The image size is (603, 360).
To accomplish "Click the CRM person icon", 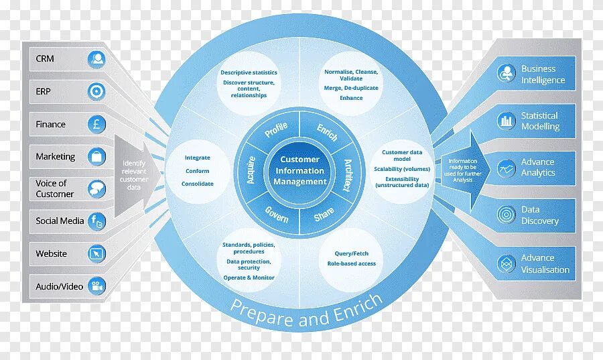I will point(96,59).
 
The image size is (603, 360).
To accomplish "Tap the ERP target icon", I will point(96,91).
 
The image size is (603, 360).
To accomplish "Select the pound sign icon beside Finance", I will point(96,124).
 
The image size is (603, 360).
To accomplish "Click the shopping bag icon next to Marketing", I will point(96,157).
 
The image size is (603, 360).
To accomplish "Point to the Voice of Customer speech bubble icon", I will point(96,189).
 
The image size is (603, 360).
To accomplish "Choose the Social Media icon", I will point(96,221).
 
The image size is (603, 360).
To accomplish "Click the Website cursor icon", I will point(96,253).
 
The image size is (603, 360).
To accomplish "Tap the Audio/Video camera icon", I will point(96,286).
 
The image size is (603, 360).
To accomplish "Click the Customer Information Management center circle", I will point(299,170).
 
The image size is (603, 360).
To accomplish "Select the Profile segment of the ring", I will point(275,129).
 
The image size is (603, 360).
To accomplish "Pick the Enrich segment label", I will point(327,131).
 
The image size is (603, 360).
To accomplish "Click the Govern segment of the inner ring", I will point(276,214).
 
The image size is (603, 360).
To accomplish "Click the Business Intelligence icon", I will point(507,74).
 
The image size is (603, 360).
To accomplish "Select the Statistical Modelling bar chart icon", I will point(507,121).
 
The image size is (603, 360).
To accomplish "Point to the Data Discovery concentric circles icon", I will point(507,215).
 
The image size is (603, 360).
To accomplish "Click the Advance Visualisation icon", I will point(507,263).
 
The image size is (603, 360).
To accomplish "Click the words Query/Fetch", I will point(352,254).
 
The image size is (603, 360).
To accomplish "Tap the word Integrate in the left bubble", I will point(198,158).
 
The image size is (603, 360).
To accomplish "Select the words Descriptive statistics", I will point(249,72).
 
